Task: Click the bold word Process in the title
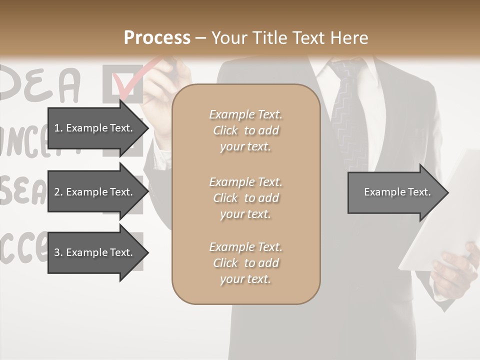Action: click(157, 38)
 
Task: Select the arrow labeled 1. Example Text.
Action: click(95, 128)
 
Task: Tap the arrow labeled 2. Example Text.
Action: click(95, 192)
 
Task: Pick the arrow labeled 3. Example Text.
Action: click(95, 252)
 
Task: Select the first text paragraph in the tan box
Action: click(245, 130)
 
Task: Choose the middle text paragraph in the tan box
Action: click(245, 198)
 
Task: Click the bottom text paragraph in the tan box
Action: click(245, 263)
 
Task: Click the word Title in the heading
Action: click(270, 38)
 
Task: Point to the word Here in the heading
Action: click(350, 38)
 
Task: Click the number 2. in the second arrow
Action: click(58, 192)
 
